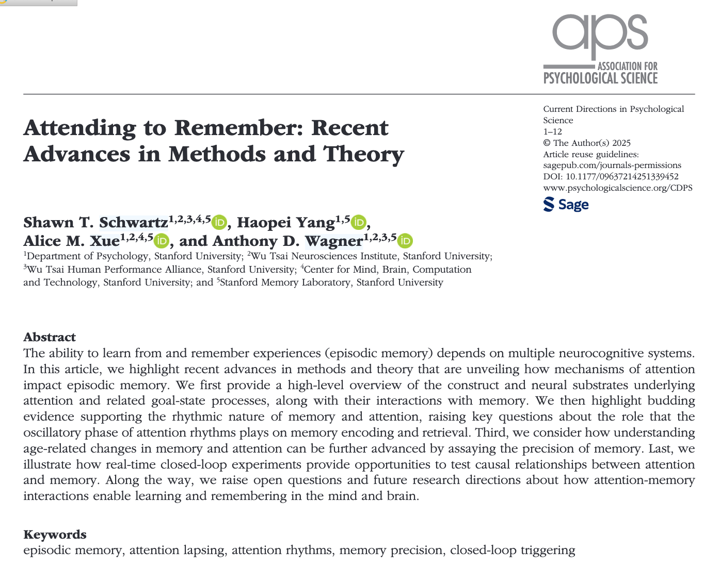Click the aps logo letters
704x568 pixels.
[x=600, y=34]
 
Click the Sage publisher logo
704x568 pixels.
[x=566, y=205]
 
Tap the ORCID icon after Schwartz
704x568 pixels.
[x=219, y=222]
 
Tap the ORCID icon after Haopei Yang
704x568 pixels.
[x=358, y=222]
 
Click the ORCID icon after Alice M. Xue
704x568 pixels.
[x=162, y=241]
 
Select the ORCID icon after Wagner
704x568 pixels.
[x=405, y=241]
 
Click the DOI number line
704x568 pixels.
[x=611, y=176]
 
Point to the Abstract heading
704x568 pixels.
[x=50, y=337]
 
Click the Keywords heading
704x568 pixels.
[x=55, y=534]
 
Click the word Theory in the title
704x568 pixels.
[x=363, y=154]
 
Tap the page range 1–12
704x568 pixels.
[x=552, y=131]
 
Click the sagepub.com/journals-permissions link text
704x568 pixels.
[x=612, y=165]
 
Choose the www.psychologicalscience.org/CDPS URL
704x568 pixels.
[x=618, y=188]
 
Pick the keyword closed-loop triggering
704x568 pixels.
[x=512, y=550]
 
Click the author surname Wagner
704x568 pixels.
[x=333, y=241]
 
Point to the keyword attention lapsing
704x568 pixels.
[x=177, y=550]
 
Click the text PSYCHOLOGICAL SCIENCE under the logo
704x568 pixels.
[x=600, y=79]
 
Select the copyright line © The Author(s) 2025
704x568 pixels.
[x=587, y=143]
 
